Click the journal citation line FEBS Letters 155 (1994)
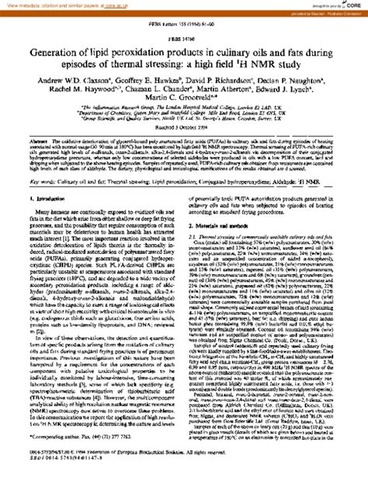[183, 25]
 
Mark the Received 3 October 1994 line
[183, 148]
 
